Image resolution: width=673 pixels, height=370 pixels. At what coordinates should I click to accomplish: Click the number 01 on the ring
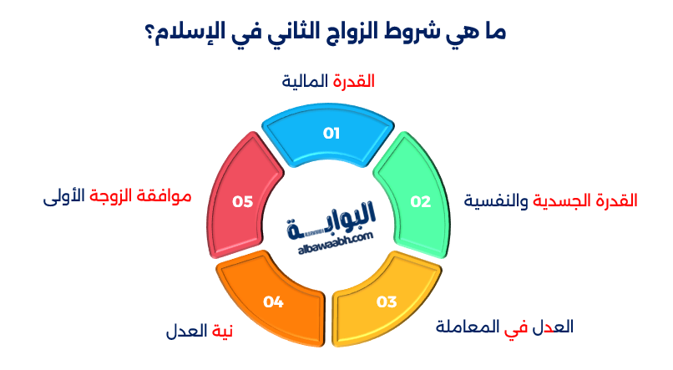pos(331,133)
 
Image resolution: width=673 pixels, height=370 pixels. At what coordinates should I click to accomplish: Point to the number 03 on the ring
pos(387,302)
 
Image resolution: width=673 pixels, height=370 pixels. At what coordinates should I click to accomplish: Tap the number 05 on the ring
pos(243,201)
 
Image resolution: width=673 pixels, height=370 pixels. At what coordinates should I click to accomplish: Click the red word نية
pos(220,332)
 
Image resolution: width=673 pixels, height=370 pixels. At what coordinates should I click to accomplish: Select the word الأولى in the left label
pos(62,198)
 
